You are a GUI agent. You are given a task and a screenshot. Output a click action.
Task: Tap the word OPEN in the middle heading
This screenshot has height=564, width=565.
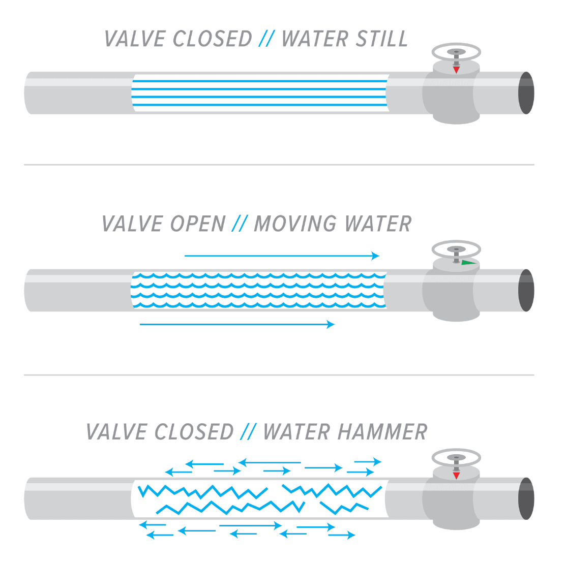[x=198, y=224]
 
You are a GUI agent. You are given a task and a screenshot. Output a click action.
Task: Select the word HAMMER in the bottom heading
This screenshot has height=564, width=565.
[x=382, y=432]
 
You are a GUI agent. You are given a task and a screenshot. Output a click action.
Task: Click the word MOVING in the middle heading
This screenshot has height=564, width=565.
[x=295, y=224]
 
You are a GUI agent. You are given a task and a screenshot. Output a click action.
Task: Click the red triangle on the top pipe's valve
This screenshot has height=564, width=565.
[x=457, y=70]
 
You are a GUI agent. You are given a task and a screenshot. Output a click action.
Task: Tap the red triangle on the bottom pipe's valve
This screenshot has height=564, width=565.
[x=457, y=476]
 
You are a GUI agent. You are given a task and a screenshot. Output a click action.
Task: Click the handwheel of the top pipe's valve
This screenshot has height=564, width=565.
[x=456, y=52]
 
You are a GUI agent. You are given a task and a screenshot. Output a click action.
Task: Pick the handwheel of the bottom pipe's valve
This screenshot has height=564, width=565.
[x=456, y=457]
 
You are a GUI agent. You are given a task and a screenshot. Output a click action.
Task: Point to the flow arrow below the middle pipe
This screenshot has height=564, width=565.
[x=237, y=324]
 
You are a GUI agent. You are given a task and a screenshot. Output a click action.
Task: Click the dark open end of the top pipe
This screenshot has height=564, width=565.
[x=526, y=93]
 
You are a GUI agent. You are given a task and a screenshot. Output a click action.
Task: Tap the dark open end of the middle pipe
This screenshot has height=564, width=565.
[x=526, y=290]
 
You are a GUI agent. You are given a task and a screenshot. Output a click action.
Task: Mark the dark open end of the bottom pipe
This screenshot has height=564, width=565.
[x=526, y=498]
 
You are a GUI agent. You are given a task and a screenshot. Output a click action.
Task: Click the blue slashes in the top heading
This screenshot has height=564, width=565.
[x=267, y=39]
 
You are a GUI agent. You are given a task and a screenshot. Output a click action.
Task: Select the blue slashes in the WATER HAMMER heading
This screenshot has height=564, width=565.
[x=248, y=432]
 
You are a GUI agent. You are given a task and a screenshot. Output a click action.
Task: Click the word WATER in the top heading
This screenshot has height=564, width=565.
[x=316, y=39]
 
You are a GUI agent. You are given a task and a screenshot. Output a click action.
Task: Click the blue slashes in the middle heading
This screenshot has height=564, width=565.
[x=240, y=224]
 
